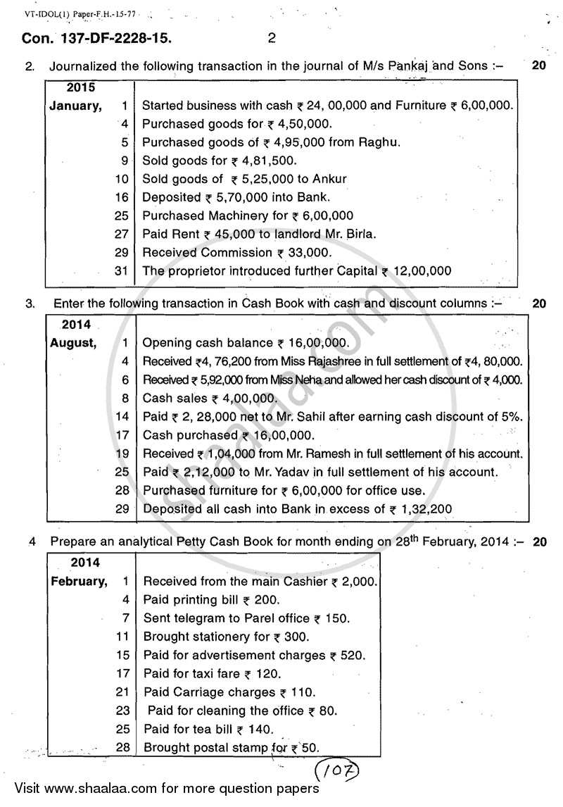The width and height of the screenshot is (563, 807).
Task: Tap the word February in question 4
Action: click(79, 582)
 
